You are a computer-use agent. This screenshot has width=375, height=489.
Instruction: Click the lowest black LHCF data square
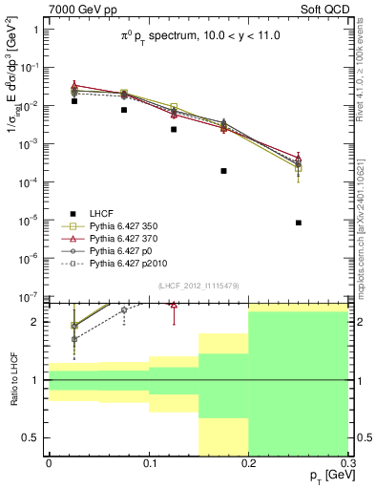point(299,223)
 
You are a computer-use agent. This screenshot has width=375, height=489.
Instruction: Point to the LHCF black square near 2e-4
point(223,171)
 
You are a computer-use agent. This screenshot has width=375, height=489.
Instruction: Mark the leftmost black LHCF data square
point(73,100)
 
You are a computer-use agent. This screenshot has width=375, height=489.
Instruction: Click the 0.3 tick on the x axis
point(347,463)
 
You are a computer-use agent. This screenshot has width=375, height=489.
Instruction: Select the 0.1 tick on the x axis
point(148,463)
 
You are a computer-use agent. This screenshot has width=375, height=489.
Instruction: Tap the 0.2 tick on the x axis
point(248,463)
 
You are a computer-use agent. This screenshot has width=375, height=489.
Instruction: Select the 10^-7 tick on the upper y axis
point(28,297)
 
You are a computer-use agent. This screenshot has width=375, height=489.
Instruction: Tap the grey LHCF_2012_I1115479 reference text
point(198,287)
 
